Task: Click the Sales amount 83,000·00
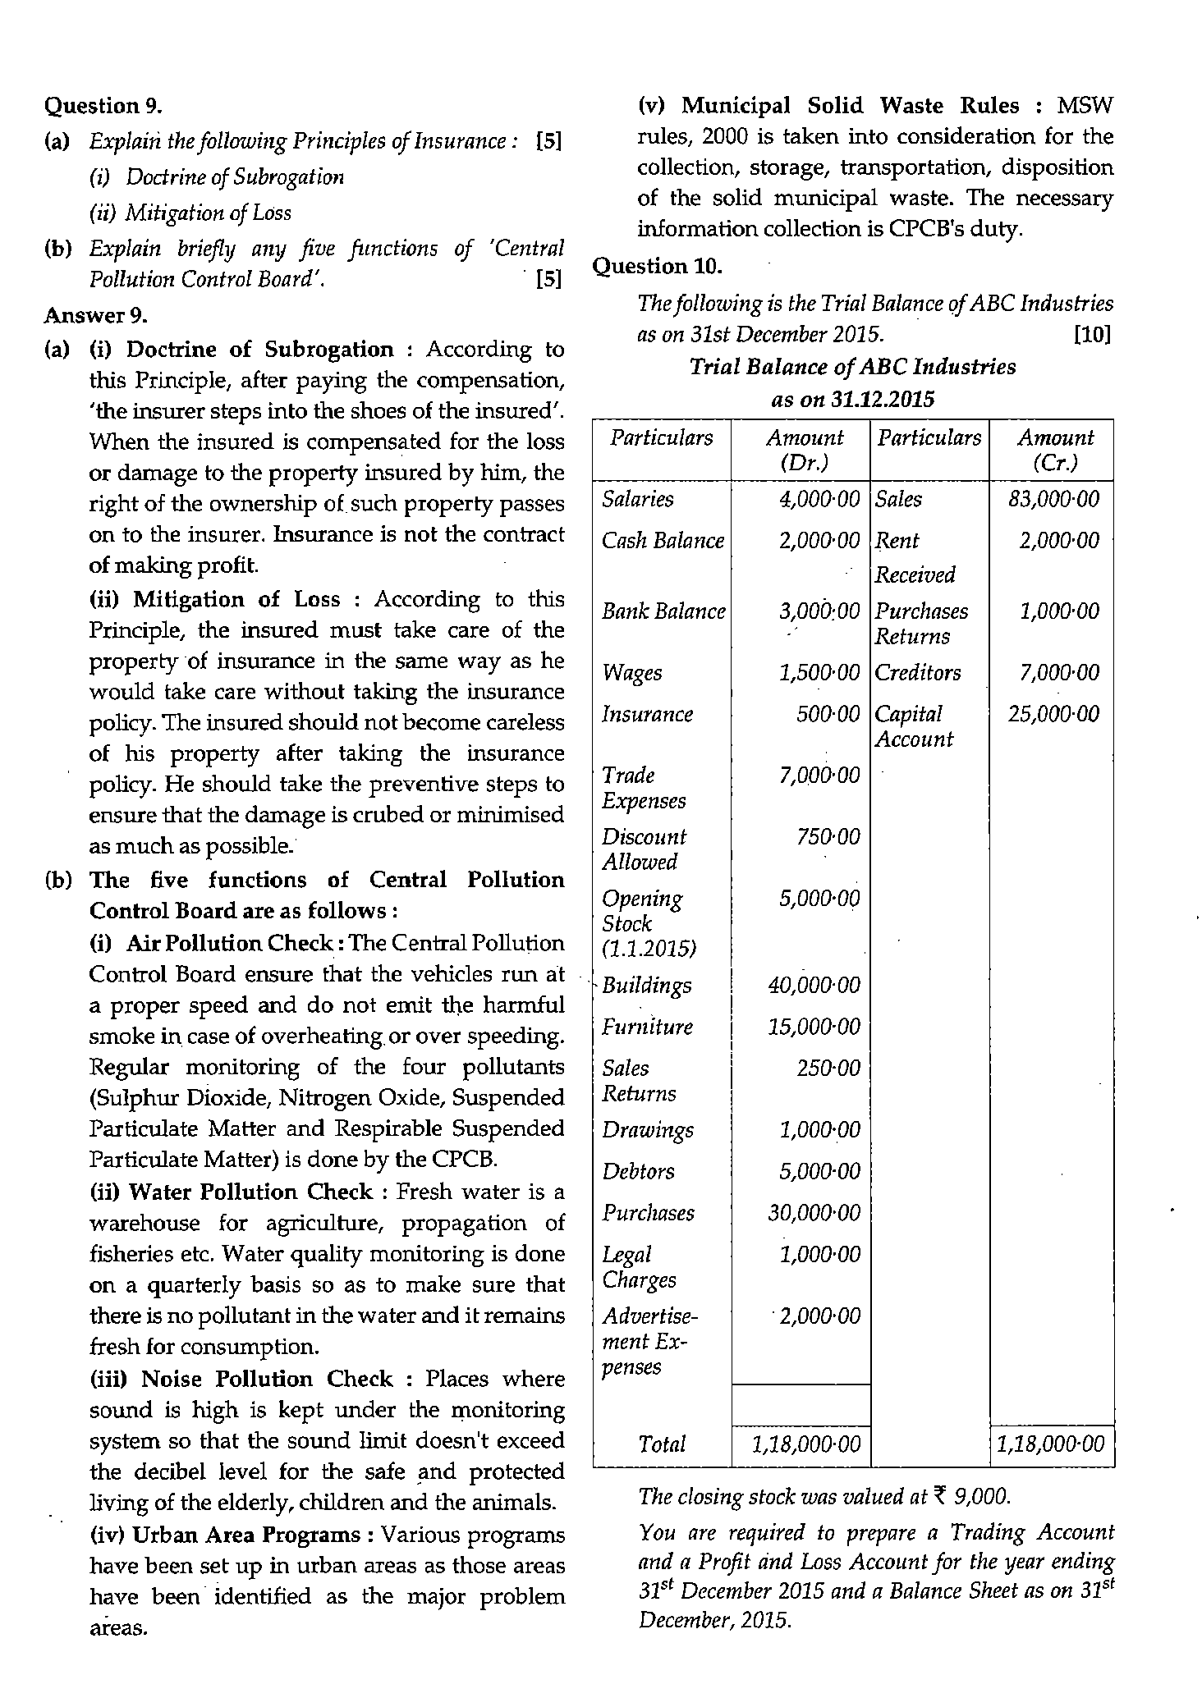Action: [x=1053, y=500]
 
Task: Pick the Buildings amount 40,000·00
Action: [x=814, y=985]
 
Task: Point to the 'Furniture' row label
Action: [x=647, y=1027]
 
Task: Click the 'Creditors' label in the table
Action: [x=917, y=673]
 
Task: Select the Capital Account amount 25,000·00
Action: [x=1053, y=714]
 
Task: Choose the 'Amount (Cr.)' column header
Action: [x=1055, y=450]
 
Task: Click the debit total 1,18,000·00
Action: [x=805, y=1444]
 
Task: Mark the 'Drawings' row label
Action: [x=647, y=1130]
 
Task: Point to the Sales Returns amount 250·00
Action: [x=828, y=1069]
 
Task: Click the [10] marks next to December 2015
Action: [x=1092, y=335]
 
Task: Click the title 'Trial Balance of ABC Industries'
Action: [x=852, y=367]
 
